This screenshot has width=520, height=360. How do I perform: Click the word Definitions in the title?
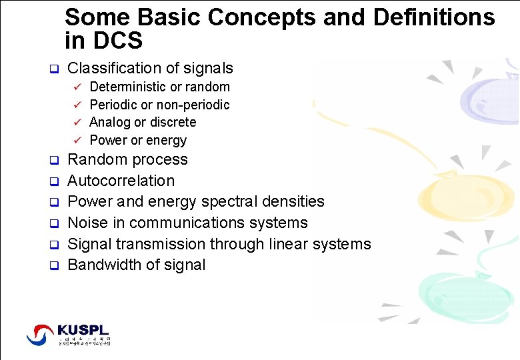[x=434, y=17]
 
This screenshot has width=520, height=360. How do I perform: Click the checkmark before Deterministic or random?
[x=77, y=87]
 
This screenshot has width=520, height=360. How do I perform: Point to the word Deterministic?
[x=128, y=87]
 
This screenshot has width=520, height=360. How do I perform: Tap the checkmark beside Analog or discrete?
[x=77, y=123]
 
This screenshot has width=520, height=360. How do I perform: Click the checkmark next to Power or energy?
[x=77, y=141]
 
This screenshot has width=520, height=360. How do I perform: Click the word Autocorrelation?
[x=121, y=181]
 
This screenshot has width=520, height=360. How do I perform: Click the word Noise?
[x=87, y=223]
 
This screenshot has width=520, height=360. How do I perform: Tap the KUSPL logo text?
[x=83, y=330]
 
